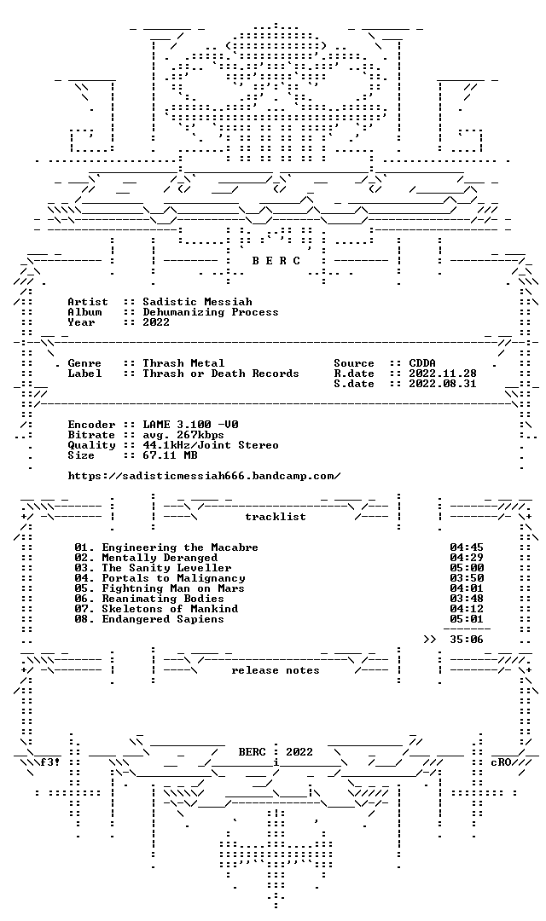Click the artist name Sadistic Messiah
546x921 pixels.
(x=197, y=302)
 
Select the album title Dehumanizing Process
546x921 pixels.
(x=211, y=312)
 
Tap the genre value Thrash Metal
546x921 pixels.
(x=183, y=363)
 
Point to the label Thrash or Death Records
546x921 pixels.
(x=220, y=374)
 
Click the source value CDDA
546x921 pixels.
(x=422, y=363)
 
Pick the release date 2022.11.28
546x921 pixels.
(x=443, y=374)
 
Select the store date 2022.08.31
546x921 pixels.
(x=443, y=384)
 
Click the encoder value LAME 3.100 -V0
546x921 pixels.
(x=190, y=425)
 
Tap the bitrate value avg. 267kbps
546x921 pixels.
(x=183, y=435)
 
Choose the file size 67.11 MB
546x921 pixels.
(x=170, y=455)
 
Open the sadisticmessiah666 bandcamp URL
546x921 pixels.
(x=204, y=476)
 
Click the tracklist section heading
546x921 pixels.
(x=275, y=517)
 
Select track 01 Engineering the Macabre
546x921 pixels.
(x=166, y=547)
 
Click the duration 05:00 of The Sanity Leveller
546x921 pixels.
(x=467, y=568)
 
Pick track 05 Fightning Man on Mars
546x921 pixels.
(x=160, y=588)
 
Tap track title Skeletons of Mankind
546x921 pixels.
(x=170, y=609)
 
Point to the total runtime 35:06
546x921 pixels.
(x=467, y=640)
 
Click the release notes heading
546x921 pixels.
(x=275, y=670)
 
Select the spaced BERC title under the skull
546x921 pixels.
(x=276, y=261)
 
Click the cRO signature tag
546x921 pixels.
(x=502, y=762)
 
